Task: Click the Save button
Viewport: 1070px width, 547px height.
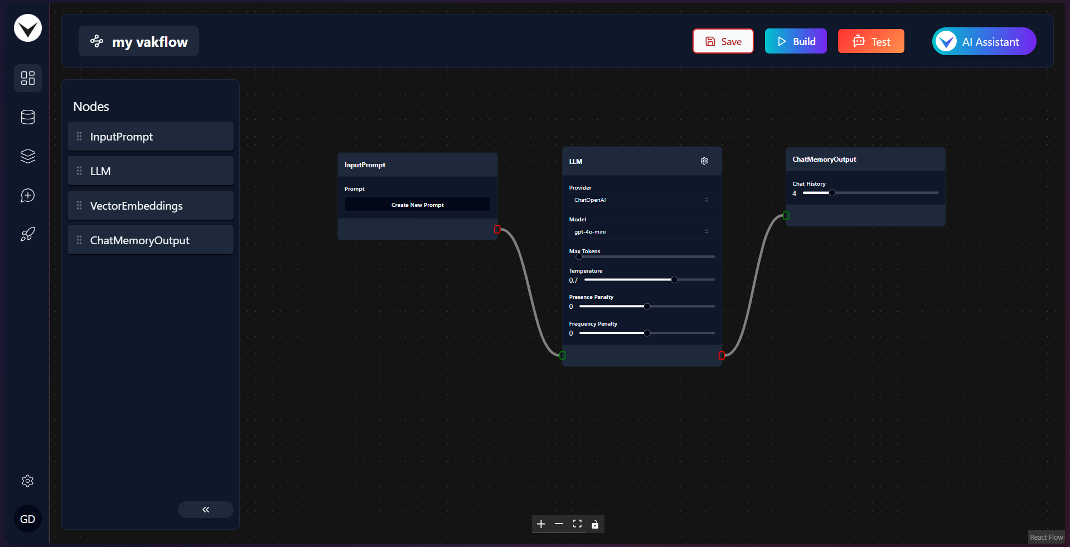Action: pos(723,41)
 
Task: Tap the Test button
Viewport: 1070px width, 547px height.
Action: pos(871,41)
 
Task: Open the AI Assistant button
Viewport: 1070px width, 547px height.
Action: pos(984,41)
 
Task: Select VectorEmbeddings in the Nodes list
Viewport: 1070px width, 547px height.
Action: pos(151,206)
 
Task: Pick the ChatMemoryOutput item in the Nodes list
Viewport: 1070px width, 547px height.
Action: pos(151,240)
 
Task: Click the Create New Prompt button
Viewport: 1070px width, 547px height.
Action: pos(418,205)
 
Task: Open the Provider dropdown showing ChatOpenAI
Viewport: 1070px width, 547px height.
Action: pos(641,200)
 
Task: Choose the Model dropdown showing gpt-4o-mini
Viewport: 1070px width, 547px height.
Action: pos(641,231)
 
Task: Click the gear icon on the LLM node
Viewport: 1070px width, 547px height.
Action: pos(704,161)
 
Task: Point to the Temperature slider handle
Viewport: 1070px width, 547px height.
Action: pos(674,280)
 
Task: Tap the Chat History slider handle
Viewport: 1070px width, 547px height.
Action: pos(832,193)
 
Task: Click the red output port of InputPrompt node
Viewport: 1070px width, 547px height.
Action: pos(497,229)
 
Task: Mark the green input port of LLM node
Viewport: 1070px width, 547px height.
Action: pos(563,355)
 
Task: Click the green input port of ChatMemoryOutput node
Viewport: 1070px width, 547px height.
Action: pos(786,215)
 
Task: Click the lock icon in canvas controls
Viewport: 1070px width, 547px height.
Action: pos(595,524)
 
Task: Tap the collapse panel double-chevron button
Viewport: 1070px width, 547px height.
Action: pos(206,510)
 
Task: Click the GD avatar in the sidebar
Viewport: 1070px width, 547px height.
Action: pos(28,519)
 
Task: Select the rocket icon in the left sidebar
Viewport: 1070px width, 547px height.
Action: pos(28,234)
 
